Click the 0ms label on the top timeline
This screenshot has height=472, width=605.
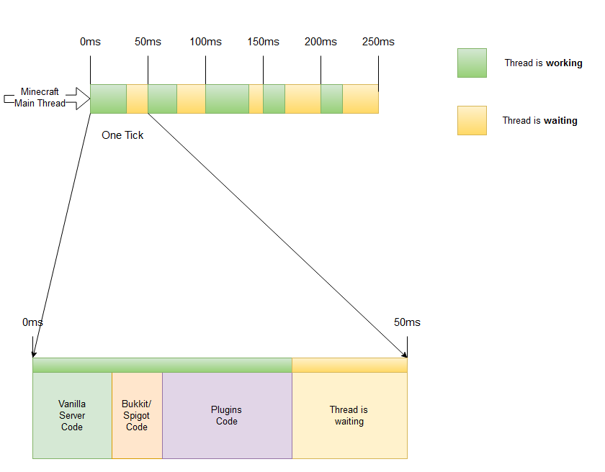pyautogui.click(x=90, y=42)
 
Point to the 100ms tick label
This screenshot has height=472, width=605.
pyautogui.click(x=205, y=42)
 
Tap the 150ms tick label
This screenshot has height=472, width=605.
pyautogui.click(x=263, y=42)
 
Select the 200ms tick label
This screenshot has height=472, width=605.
pyautogui.click(x=321, y=42)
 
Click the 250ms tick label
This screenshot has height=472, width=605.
pyautogui.click(x=378, y=42)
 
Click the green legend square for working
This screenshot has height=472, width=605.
pyautogui.click(x=472, y=63)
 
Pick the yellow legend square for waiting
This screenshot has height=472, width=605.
pyautogui.click(x=472, y=121)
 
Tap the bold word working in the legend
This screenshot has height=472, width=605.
pyautogui.click(x=564, y=63)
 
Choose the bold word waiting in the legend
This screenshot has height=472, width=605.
pyautogui.click(x=561, y=121)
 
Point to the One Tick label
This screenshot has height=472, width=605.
pyautogui.click(x=122, y=135)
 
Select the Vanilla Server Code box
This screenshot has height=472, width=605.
pyautogui.click(x=72, y=415)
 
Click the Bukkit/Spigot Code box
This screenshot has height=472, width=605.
pyautogui.click(x=137, y=415)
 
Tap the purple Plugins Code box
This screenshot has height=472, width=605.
pyautogui.click(x=227, y=415)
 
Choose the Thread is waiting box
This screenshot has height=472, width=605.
pyautogui.click(x=349, y=415)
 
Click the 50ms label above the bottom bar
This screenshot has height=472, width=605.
pyautogui.click(x=407, y=322)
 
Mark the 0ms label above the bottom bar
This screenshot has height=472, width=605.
pyautogui.click(x=33, y=322)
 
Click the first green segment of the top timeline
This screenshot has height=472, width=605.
pyautogui.click(x=108, y=99)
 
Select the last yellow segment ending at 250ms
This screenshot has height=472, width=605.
pyautogui.click(x=360, y=99)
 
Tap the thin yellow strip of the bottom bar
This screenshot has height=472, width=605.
pyautogui.click(x=349, y=365)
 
